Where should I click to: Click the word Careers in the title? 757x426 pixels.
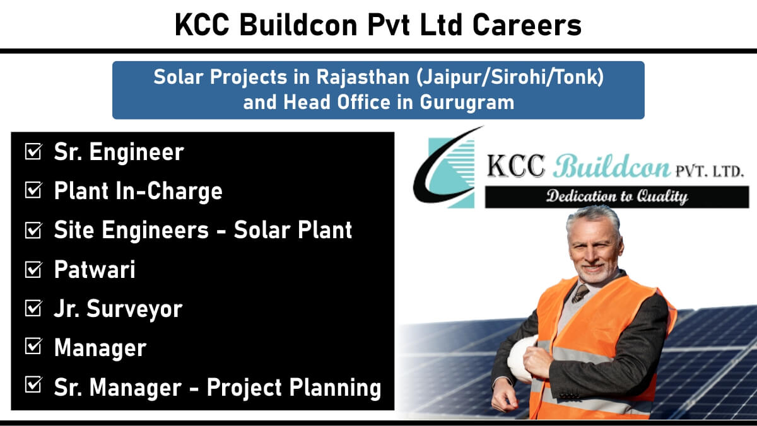click(x=527, y=25)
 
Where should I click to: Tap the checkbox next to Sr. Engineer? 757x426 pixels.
click(x=33, y=151)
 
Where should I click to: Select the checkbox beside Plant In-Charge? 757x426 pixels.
click(x=33, y=190)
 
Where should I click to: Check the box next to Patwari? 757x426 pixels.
click(x=33, y=269)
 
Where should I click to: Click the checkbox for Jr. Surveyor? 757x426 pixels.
click(x=33, y=308)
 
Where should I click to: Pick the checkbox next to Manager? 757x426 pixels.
click(x=33, y=347)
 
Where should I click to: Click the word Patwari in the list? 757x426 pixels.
click(x=95, y=269)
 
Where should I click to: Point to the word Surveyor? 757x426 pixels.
click(x=134, y=309)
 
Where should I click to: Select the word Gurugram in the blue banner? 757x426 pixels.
click(x=467, y=103)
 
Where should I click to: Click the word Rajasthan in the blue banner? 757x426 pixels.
click(x=363, y=77)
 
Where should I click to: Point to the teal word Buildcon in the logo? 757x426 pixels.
click(x=612, y=166)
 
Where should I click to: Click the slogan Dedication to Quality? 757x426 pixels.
click(x=617, y=197)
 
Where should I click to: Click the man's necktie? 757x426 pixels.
click(x=580, y=294)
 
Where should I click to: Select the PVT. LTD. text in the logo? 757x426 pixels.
click(x=709, y=171)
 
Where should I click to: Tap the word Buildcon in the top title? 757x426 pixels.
click(x=298, y=25)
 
